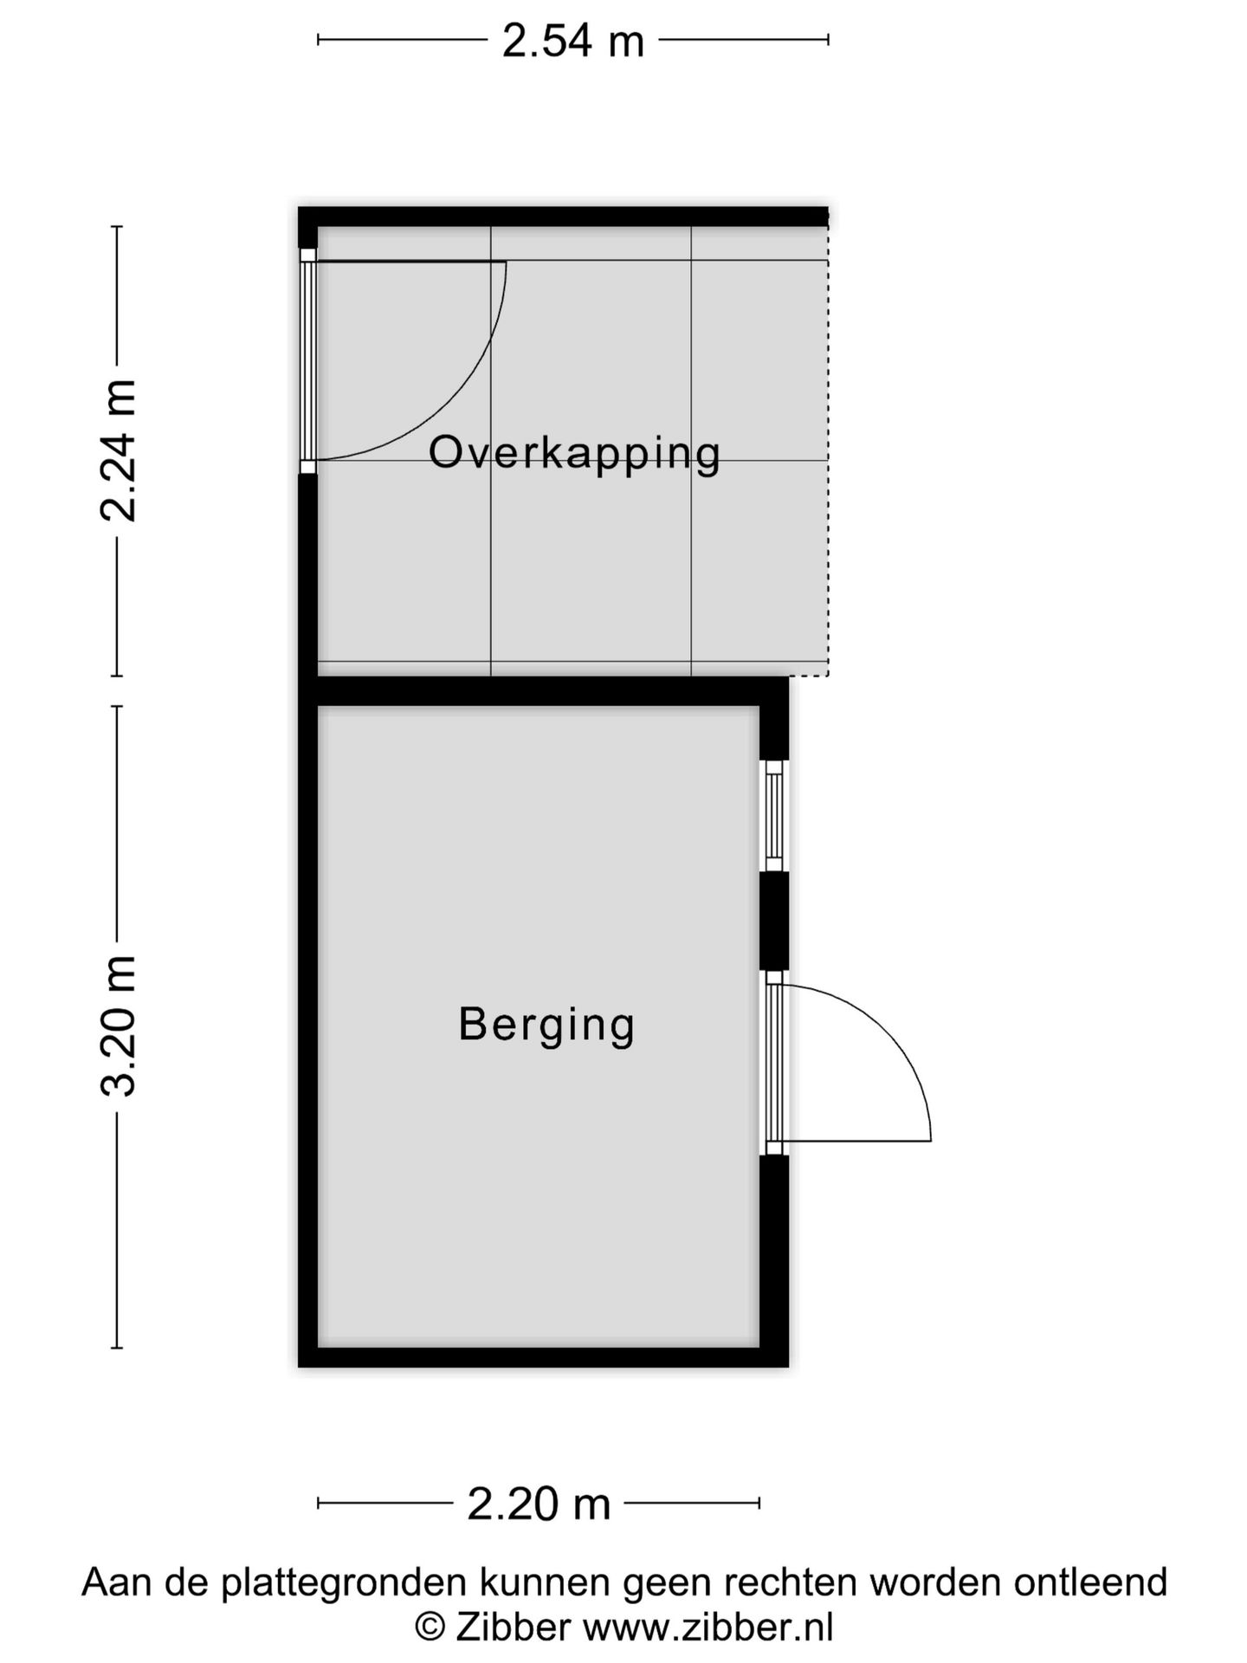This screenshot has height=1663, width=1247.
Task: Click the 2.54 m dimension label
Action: [573, 41]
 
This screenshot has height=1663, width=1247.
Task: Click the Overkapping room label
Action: [574, 453]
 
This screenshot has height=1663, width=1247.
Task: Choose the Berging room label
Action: [546, 1024]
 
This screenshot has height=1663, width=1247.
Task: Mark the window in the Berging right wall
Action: [774, 816]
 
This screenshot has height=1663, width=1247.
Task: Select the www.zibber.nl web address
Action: [707, 1627]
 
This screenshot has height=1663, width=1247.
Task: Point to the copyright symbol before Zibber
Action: [430, 1627]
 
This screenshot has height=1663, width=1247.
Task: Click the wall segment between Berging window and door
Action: [774, 921]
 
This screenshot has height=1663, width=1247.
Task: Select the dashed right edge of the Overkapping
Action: [828, 450]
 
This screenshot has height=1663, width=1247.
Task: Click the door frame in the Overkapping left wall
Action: [307, 360]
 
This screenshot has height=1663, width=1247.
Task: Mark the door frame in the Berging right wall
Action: [773, 1063]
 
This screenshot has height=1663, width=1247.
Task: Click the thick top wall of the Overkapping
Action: [563, 217]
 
